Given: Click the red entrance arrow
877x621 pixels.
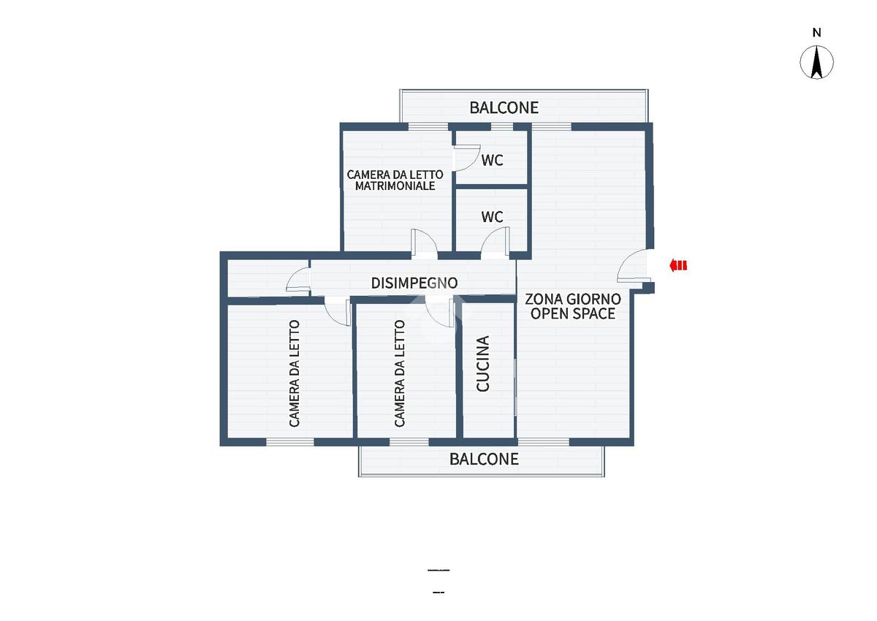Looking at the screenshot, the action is (678, 266).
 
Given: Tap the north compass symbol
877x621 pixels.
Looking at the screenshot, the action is (817, 62).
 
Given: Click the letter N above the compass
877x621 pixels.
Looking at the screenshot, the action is (817, 33).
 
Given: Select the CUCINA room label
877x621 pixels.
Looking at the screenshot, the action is (483, 363).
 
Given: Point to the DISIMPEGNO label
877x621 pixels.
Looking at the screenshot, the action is (414, 283).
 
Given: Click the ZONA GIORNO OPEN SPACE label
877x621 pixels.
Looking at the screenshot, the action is (573, 306).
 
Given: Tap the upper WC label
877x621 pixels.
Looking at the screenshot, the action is (492, 160).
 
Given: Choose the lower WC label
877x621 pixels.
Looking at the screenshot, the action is (492, 217).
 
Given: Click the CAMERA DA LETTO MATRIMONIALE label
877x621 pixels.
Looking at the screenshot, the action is (395, 180).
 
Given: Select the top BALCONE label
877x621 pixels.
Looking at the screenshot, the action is (504, 107).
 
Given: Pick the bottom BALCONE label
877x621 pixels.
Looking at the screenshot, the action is (484, 459).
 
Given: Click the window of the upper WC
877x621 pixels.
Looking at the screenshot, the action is (502, 127).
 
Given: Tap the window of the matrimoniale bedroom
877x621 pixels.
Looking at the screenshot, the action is (428, 127).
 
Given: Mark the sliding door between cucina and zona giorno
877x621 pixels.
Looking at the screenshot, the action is (515, 386).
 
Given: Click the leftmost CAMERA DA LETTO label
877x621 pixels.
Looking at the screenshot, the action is (295, 373).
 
